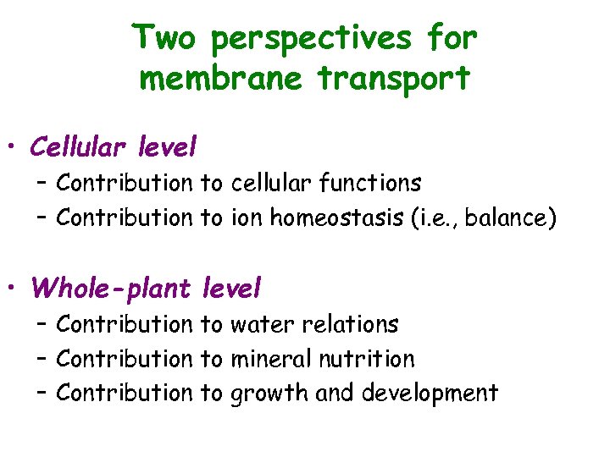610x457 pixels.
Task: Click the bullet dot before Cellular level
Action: tap(14, 149)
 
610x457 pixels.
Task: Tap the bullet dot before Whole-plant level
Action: tap(14, 289)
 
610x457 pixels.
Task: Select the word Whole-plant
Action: tap(112, 289)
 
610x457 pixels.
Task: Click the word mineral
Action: tap(271, 359)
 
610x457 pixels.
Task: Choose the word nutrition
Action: tap(367, 359)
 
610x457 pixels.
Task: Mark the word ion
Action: tap(247, 217)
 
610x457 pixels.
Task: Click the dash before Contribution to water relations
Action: tap(42, 324)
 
